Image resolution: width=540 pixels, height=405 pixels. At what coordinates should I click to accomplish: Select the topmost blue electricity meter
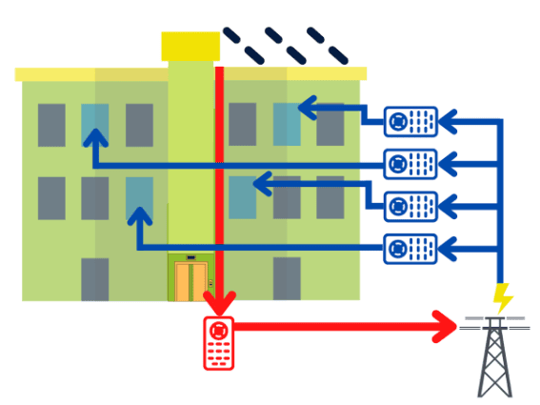point(410,121)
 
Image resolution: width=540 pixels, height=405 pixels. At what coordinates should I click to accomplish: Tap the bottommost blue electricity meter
point(410,250)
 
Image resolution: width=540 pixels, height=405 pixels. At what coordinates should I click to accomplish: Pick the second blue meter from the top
point(410,164)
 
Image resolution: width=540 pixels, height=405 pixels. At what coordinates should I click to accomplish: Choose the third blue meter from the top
point(410,206)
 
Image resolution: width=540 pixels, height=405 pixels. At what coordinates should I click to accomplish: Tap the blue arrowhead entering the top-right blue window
point(307,107)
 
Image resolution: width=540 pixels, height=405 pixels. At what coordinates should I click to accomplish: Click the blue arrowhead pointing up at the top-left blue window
point(93,139)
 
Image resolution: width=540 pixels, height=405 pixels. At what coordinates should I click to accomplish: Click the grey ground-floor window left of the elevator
point(94,278)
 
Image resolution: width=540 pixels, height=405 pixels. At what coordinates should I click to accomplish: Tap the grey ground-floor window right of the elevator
point(287,278)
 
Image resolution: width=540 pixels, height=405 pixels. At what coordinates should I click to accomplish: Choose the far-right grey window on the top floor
point(330,125)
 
